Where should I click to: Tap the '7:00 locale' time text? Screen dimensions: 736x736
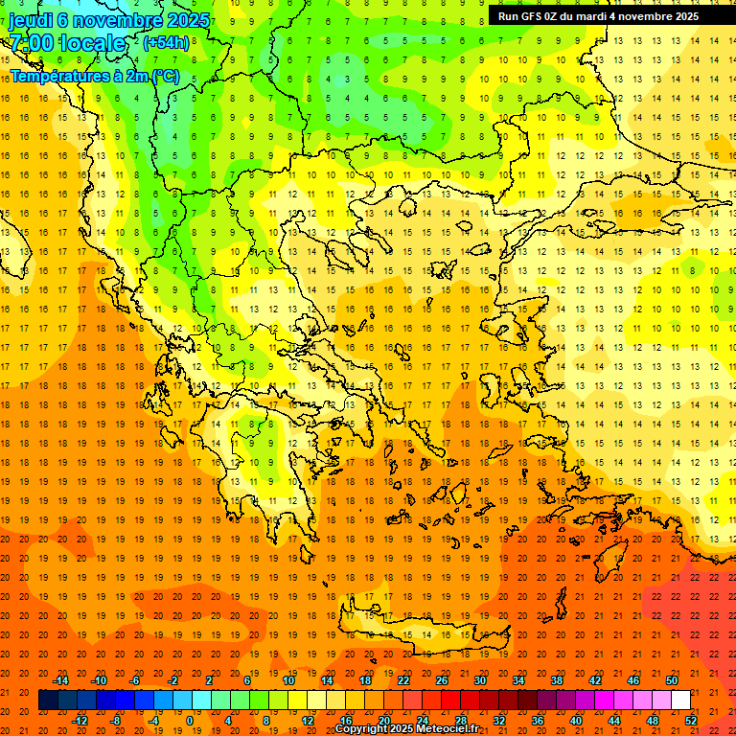point(67,43)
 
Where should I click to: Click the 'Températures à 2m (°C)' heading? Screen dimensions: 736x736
point(95,76)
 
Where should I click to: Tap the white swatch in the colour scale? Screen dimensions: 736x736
point(680,701)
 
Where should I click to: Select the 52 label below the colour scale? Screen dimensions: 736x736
point(692,721)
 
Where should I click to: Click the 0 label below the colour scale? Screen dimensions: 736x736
point(189,721)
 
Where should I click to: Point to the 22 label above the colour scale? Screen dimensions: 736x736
point(403,680)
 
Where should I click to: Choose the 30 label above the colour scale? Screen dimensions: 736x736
point(479,680)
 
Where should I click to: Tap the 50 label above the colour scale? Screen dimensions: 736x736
point(672,680)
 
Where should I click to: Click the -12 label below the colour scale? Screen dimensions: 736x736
point(80,721)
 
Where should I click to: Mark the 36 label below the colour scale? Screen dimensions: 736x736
point(538,721)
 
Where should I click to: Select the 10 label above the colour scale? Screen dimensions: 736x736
point(288,680)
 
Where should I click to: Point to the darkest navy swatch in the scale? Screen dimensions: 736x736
point(48,701)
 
